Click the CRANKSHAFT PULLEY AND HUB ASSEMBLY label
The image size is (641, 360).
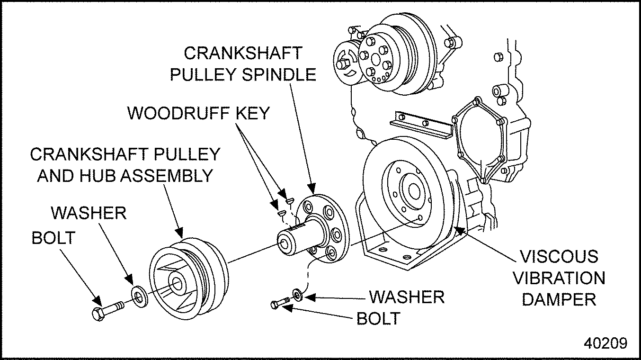coord(125,165)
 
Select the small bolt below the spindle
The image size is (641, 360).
coord(279,303)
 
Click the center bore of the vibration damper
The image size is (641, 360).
coord(413,191)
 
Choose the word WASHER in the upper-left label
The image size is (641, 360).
coord(89,213)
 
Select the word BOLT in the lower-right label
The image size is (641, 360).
coord(378,318)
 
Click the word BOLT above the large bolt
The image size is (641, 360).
coord(53,237)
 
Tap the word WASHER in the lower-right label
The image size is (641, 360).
coord(407,297)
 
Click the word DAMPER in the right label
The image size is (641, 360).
coord(559,299)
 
